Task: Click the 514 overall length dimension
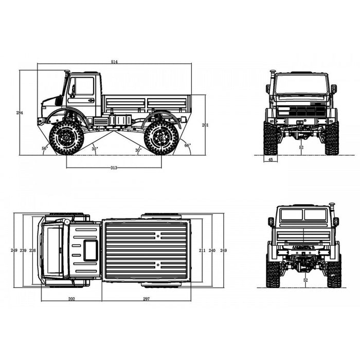(x=114, y=62)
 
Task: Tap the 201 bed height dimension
(x=205, y=125)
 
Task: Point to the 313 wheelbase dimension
(x=114, y=168)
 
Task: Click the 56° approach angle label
(x=45, y=148)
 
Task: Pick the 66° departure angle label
(x=187, y=146)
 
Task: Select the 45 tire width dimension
(x=271, y=159)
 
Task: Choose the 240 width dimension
(x=212, y=250)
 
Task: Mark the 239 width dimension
(x=23, y=250)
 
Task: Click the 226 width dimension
(x=33, y=250)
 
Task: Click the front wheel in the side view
(x=66, y=138)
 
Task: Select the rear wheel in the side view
(x=161, y=138)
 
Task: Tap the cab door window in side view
(x=84, y=86)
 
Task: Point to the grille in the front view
(x=302, y=111)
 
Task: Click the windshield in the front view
(x=301, y=84)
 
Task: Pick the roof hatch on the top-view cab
(x=91, y=250)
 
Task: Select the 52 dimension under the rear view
(x=305, y=280)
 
